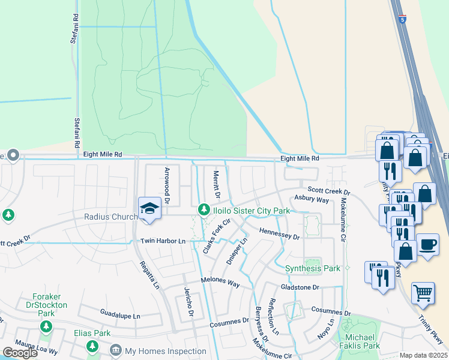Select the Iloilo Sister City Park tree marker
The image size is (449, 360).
pyautogui.click(x=203, y=210)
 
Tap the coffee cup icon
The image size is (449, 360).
pyautogui.click(x=427, y=245)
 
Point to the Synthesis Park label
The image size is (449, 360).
pyautogui.click(x=313, y=268)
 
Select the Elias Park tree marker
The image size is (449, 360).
pyautogui.click(x=92, y=346)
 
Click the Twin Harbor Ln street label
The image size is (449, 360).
pyautogui.click(x=163, y=241)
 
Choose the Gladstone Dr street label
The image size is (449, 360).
pyautogui.click(x=300, y=287)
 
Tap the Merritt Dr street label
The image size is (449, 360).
pyautogui.click(x=217, y=185)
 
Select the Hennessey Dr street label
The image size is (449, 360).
pyautogui.click(x=279, y=234)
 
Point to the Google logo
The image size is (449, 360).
pyautogui.click(x=20, y=353)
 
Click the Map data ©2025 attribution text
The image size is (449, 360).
pyautogui.click(x=423, y=355)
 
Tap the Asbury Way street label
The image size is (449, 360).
pyautogui.click(x=312, y=199)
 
